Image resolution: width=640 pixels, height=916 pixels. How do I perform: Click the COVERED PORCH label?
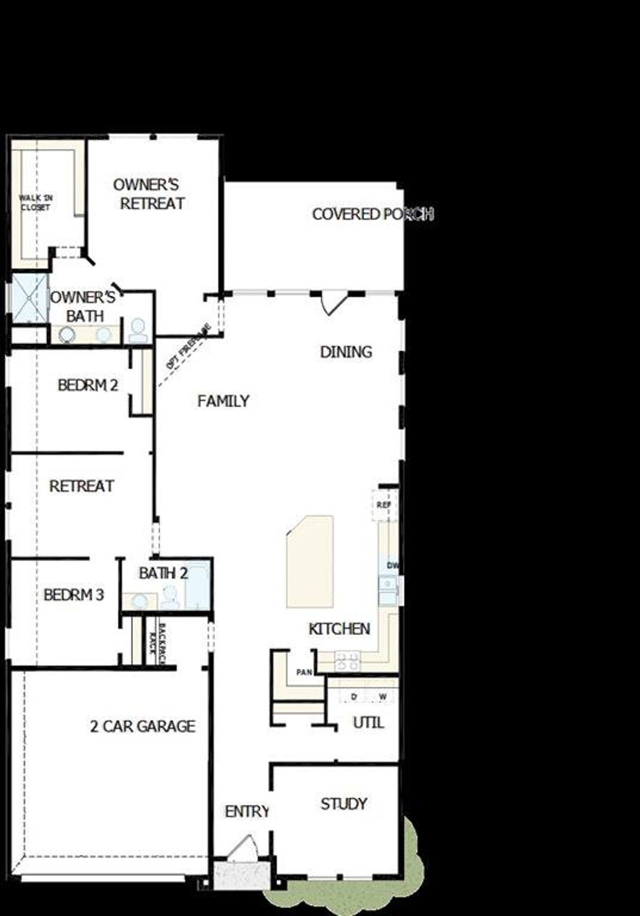click(372, 214)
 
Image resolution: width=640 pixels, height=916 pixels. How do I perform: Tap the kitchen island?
click(310, 561)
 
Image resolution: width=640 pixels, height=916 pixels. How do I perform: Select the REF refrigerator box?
click(384, 505)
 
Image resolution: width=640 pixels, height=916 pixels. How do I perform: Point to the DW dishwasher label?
click(393, 565)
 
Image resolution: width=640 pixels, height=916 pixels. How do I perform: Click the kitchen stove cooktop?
click(347, 660)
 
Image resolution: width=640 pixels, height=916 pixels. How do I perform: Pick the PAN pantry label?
click(304, 672)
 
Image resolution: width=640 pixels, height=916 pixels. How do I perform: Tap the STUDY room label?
click(343, 804)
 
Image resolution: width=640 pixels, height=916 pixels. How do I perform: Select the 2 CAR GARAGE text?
click(142, 726)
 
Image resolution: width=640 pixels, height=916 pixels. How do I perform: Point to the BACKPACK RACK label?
click(156, 642)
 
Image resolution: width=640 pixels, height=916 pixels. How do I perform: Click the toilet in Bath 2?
click(170, 597)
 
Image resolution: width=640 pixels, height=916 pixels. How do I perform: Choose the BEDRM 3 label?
click(73, 595)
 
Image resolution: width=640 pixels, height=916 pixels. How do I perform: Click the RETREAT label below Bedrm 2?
click(81, 486)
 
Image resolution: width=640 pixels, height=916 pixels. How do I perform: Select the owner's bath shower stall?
click(29, 298)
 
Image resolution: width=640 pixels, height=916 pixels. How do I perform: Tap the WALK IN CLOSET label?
click(35, 203)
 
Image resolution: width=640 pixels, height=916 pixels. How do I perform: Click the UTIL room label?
click(368, 722)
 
